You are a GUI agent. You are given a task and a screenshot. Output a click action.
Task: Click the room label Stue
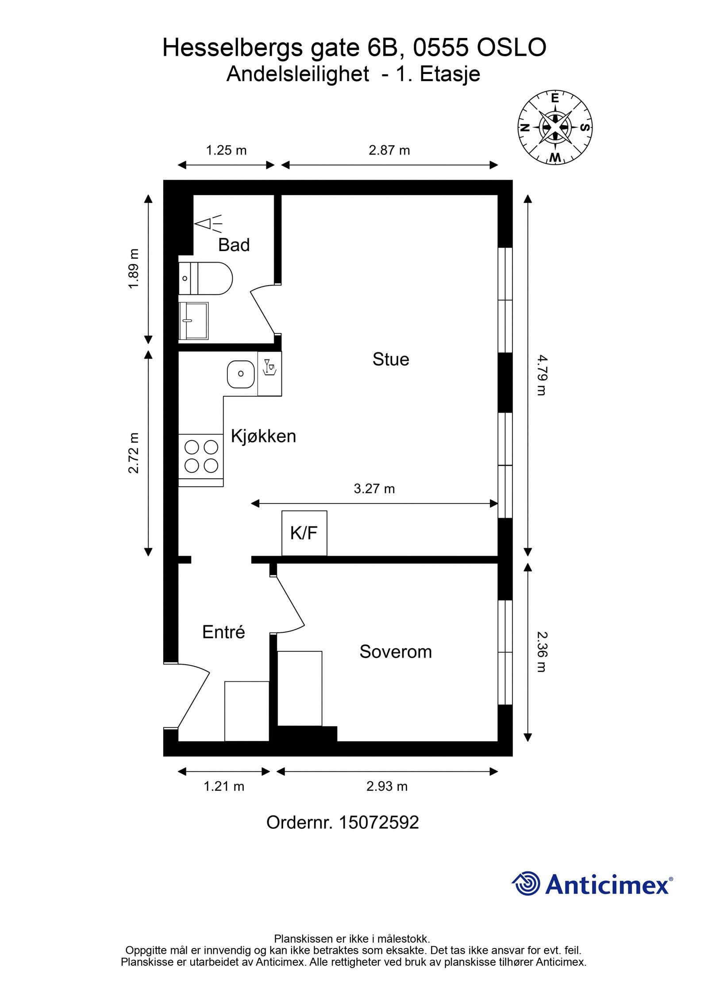tap(390, 359)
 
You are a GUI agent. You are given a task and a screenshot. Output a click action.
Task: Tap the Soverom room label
tap(395, 651)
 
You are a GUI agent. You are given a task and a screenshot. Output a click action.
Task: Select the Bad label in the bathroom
tap(234, 245)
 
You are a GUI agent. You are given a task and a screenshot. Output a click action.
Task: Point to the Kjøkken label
tap(263, 436)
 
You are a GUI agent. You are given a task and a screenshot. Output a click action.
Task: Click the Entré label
tap(223, 632)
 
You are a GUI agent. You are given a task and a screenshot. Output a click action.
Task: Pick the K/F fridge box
tap(304, 533)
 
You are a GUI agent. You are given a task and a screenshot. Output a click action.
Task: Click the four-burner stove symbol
tap(201, 456)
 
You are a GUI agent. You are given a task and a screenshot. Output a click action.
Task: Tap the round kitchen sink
tap(241, 373)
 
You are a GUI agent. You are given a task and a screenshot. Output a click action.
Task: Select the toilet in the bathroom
tap(206, 278)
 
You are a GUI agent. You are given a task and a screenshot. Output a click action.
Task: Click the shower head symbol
tap(208, 224)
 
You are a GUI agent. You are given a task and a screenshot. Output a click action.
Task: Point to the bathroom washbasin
tap(193, 321)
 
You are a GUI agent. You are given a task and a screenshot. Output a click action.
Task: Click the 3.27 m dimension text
tap(374, 489)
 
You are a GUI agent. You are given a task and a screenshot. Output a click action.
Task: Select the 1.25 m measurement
tap(226, 151)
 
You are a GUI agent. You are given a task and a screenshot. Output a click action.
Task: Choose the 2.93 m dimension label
tap(387, 786)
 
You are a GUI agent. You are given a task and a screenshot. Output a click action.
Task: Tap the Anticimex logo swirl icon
tap(527, 883)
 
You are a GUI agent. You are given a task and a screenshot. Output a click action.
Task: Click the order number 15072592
tap(378, 822)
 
